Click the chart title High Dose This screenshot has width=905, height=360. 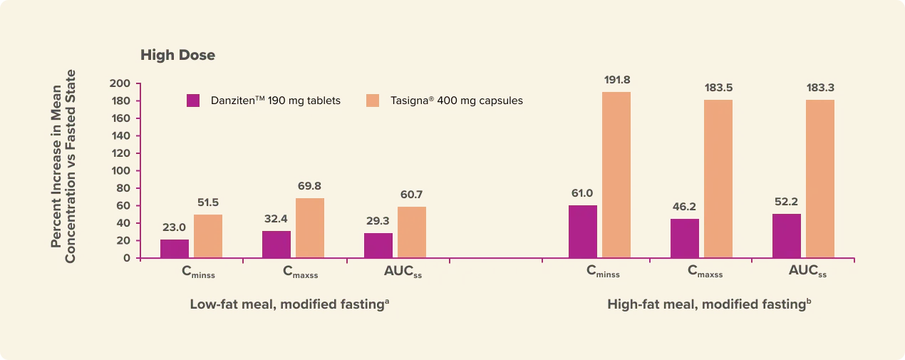tap(177, 55)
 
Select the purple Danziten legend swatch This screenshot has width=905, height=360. tap(193, 101)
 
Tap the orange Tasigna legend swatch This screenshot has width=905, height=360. tap(373, 101)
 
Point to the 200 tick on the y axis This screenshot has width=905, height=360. tap(120, 83)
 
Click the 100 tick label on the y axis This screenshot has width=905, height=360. tap(120, 171)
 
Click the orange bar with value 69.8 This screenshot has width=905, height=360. tap(310, 228)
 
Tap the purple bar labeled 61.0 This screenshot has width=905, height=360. tap(583, 232)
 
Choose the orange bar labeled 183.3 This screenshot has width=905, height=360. tap(820, 178)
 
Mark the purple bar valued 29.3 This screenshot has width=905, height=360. tap(378, 245)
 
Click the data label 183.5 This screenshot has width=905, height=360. tap(718, 88)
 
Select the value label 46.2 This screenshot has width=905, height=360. tap(684, 207)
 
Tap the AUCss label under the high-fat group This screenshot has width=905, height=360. tap(807, 272)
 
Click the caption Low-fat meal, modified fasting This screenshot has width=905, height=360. tap(289, 304)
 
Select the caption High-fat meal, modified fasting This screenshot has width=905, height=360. tap(710, 304)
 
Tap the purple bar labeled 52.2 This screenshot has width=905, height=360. tap(787, 236)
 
